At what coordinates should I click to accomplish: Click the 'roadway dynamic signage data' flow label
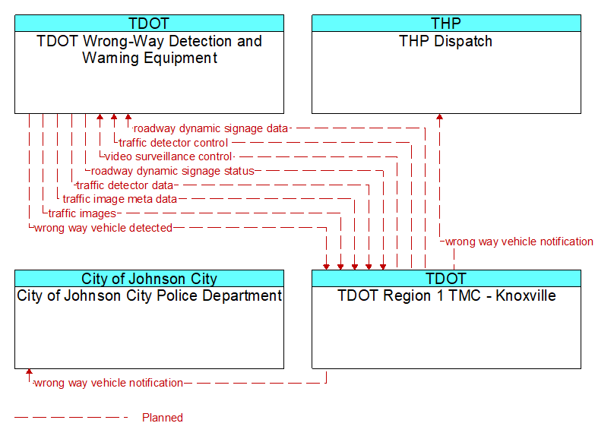click(210, 128)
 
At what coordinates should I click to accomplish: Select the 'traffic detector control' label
click(173, 143)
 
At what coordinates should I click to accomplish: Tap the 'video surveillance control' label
click(168, 156)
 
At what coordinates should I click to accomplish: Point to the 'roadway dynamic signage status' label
click(172, 171)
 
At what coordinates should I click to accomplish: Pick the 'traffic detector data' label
click(125, 185)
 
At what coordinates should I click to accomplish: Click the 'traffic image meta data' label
click(120, 199)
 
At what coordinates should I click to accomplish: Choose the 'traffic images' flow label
click(82, 213)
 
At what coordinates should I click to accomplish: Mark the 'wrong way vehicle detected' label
click(103, 228)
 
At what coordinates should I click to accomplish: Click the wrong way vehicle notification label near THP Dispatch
click(519, 242)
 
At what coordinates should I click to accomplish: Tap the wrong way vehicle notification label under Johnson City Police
click(109, 383)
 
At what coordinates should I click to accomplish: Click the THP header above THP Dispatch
click(446, 24)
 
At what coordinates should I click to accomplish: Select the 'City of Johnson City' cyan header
click(149, 279)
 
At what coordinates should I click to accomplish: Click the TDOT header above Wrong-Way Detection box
click(149, 24)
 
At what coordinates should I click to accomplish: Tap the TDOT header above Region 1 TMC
click(446, 279)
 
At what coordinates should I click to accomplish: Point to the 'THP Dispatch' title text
click(446, 41)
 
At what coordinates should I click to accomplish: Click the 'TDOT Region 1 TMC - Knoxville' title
click(447, 295)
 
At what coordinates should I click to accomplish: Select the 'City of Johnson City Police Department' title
click(149, 295)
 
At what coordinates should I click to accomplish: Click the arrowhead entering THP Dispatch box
click(439, 117)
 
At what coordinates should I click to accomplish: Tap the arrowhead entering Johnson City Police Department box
click(29, 372)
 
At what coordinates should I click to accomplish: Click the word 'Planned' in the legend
click(163, 418)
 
